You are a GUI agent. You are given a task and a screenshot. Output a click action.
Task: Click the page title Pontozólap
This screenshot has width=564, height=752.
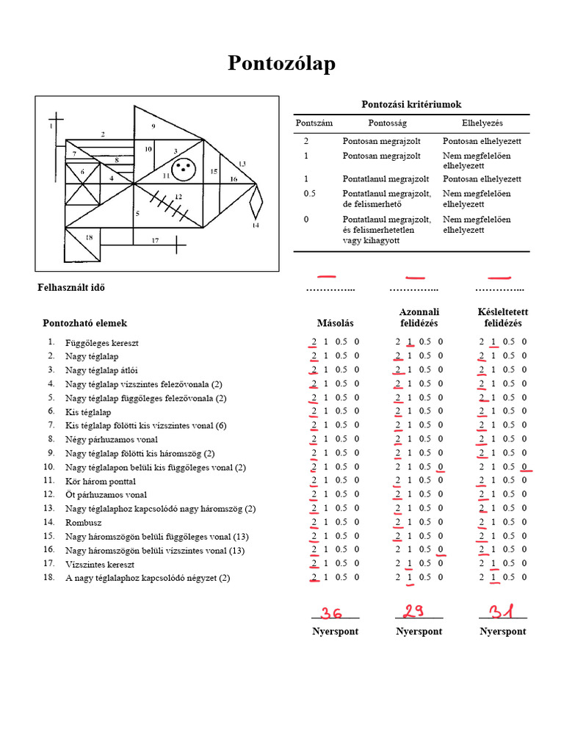click(x=281, y=64)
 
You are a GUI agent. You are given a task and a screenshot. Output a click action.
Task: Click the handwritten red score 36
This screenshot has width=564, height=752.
click(x=331, y=612)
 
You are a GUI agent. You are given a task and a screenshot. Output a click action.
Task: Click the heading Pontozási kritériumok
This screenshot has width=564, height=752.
click(x=411, y=105)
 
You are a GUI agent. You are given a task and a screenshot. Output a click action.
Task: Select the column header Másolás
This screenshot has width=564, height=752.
click(x=335, y=323)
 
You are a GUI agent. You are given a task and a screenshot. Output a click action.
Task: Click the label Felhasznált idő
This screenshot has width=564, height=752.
click(x=71, y=287)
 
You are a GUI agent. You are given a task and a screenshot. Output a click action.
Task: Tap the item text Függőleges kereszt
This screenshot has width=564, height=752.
click(x=102, y=343)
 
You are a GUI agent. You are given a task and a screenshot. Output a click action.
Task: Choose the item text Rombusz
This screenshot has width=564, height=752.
click(x=84, y=522)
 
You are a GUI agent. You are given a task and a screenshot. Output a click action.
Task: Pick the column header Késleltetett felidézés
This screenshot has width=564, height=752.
click(x=502, y=317)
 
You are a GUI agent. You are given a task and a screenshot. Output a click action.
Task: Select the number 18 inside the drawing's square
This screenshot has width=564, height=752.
click(x=89, y=237)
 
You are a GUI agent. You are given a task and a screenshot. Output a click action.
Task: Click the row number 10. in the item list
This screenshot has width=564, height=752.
click(x=49, y=467)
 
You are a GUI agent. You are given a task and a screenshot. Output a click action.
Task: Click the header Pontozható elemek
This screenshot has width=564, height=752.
click(x=84, y=323)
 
